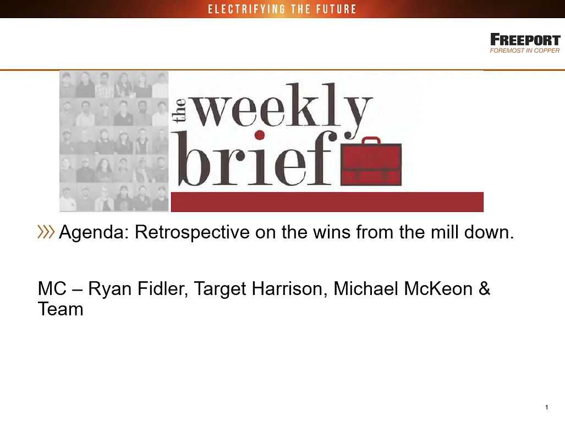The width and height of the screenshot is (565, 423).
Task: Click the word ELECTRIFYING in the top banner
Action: point(247,9)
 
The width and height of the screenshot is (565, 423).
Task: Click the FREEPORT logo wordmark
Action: point(525,40)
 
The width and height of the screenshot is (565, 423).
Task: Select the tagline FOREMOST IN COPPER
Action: point(525,51)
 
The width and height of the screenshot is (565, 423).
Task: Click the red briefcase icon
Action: point(371,162)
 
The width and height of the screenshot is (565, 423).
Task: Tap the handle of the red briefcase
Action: point(371,140)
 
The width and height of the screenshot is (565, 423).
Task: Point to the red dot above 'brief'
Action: point(260,135)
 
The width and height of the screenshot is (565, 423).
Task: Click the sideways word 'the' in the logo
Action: point(179,110)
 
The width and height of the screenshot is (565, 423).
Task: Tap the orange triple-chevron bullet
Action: point(46,232)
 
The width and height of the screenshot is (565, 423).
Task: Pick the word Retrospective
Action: point(192,233)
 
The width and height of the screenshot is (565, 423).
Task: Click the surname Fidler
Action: point(162,289)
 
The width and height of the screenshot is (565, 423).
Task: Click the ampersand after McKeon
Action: point(485,289)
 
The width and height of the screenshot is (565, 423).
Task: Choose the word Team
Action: point(61,309)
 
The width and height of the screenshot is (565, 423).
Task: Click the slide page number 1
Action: point(547,407)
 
